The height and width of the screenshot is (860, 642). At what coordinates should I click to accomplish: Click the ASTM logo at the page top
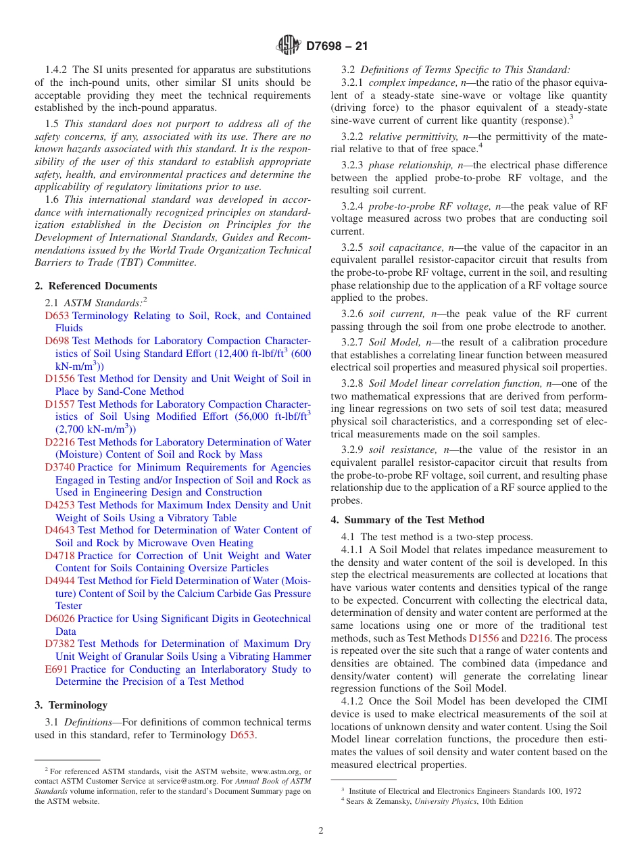click(x=289, y=46)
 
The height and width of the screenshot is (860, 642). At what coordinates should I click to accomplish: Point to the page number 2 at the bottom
click(x=321, y=831)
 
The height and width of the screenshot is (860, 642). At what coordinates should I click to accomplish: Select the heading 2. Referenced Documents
click(x=96, y=286)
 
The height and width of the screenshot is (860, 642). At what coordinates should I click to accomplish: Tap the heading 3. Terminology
click(x=71, y=705)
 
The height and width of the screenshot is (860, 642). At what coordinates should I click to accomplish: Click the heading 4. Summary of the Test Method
click(x=408, y=520)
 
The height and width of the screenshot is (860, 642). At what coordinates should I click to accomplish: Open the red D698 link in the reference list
click(x=57, y=341)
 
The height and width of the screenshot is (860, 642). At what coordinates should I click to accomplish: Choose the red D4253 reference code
click(x=59, y=505)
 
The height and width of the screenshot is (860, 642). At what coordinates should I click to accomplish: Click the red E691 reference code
click(x=56, y=669)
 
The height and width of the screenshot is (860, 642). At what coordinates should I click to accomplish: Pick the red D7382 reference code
click(x=59, y=644)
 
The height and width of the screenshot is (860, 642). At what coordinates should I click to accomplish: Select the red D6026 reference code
click(x=59, y=619)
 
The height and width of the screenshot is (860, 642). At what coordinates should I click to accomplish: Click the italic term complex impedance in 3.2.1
click(x=405, y=82)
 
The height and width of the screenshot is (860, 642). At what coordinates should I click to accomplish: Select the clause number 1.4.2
click(x=57, y=70)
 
